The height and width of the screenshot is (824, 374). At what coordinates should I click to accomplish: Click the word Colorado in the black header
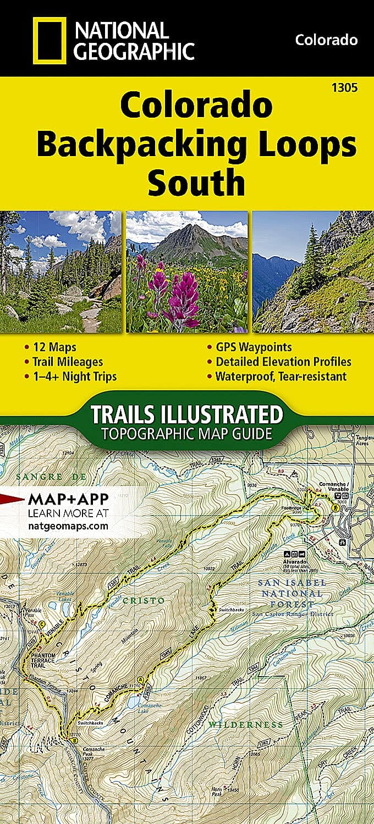pyautogui.click(x=326, y=40)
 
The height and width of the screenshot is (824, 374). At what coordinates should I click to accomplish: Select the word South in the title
pyautogui.click(x=196, y=183)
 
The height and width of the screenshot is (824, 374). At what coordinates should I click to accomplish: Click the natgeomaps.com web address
pyautogui.click(x=67, y=526)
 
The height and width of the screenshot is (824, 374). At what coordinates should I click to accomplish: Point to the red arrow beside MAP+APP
pyautogui.click(x=9, y=499)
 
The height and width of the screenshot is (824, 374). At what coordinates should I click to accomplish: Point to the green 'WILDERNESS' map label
pyautogui.click(x=246, y=725)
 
